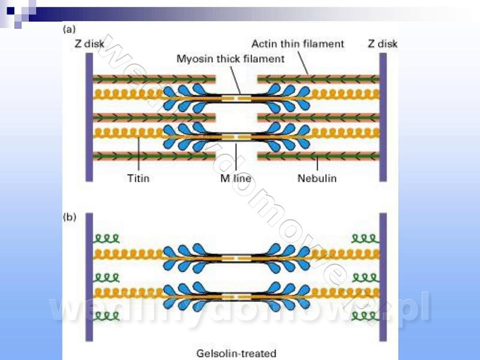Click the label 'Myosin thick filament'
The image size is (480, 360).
(230, 59)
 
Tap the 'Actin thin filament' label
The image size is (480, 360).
(298, 43)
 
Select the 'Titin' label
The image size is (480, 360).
(139, 178)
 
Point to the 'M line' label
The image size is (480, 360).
(235, 178)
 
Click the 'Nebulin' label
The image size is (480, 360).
(317, 178)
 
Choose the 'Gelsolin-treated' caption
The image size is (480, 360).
(236, 353)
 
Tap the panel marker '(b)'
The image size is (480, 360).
(70, 217)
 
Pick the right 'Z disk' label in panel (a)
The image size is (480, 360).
(382, 43)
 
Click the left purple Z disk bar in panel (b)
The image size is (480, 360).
(89, 276)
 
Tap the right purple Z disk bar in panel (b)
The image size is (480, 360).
(383, 276)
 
